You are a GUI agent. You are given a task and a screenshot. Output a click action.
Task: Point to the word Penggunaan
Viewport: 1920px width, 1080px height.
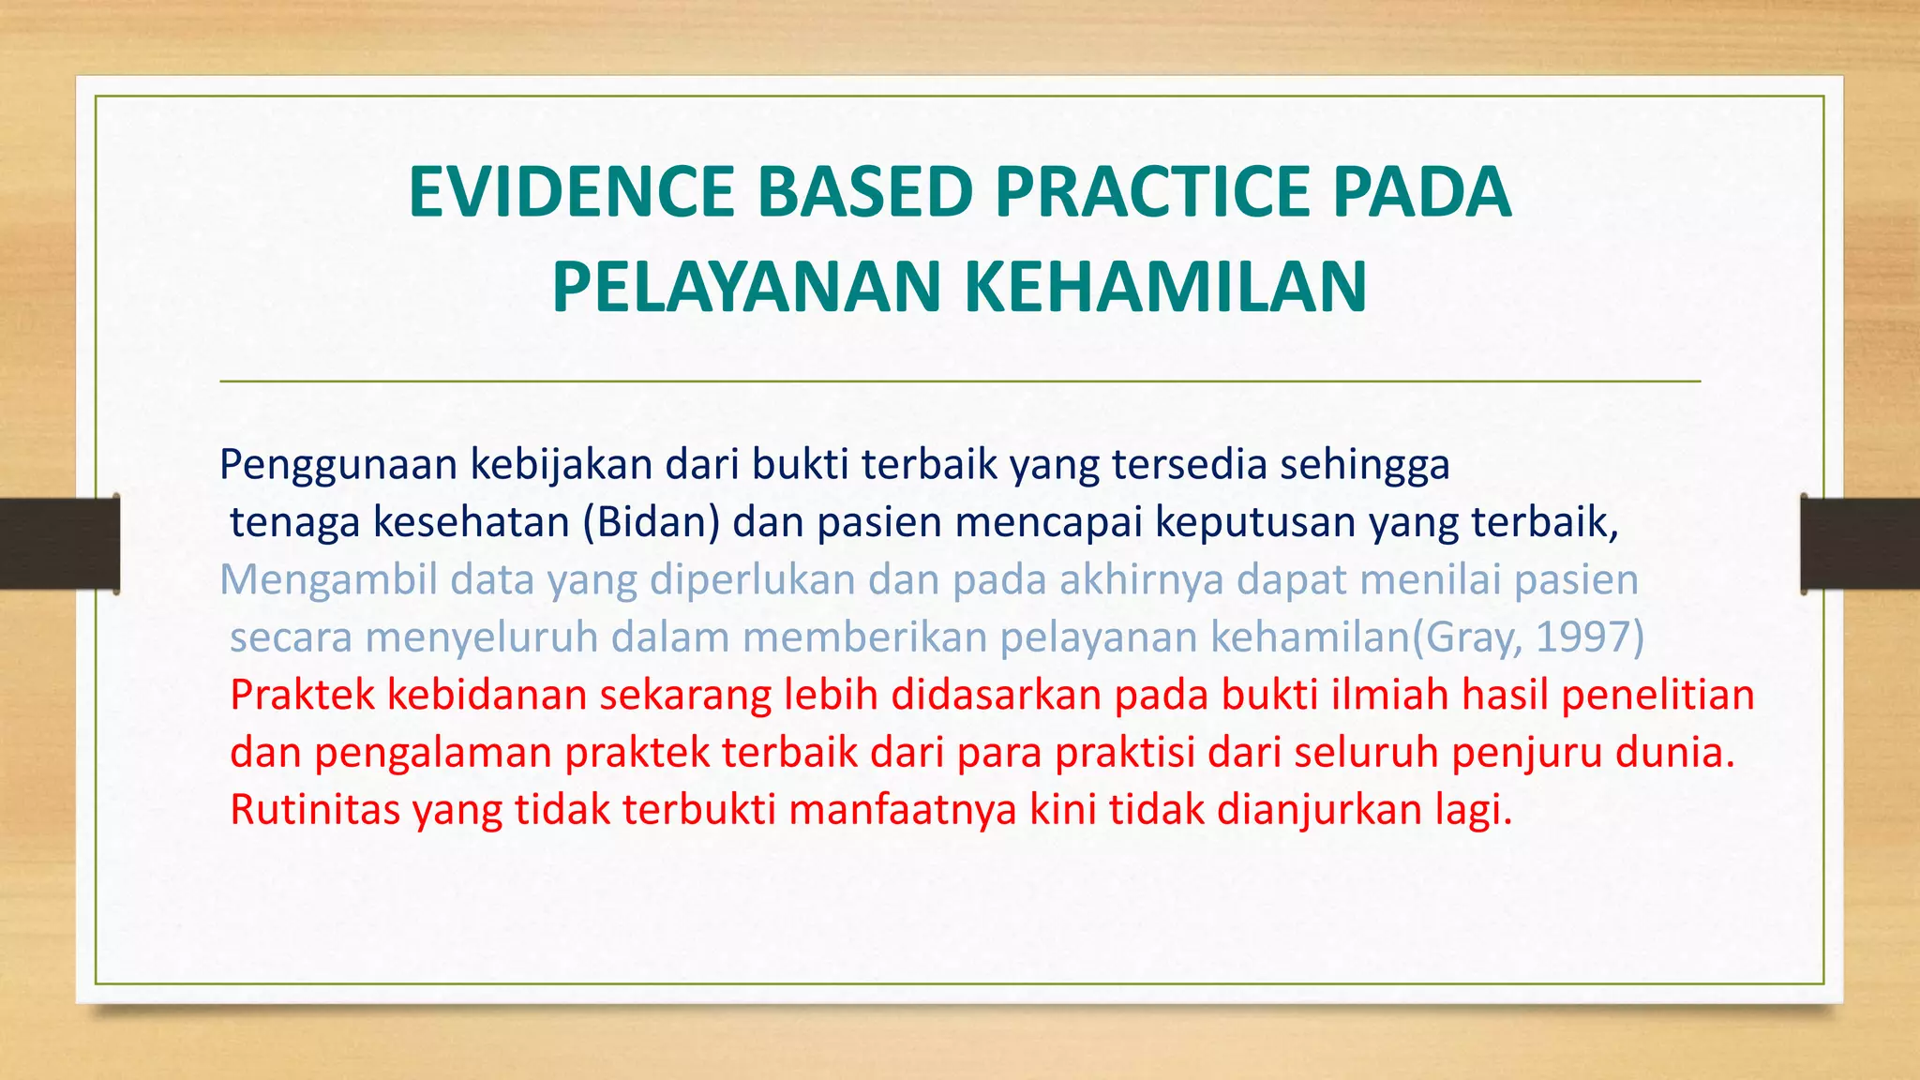(x=337, y=465)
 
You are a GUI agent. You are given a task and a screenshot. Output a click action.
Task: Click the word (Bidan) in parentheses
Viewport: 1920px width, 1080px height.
(x=651, y=522)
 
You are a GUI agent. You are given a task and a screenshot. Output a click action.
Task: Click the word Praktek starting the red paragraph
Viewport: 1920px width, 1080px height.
(x=302, y=696)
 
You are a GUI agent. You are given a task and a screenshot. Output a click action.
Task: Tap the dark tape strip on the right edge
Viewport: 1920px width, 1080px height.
(x=1860, y=544)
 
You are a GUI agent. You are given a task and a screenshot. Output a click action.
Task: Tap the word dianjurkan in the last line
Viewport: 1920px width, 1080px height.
(x=1319, y=810)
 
